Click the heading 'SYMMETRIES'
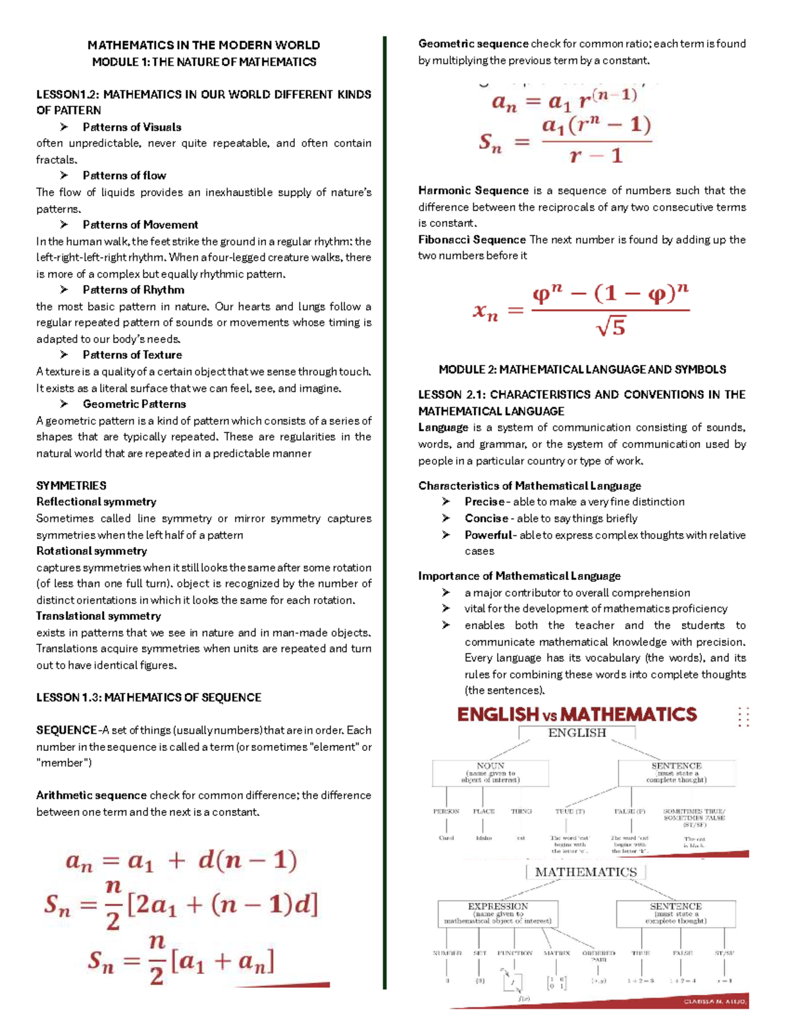tap(71, 486)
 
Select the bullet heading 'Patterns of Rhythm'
tap(133, 290)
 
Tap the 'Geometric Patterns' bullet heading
tap(134, 404)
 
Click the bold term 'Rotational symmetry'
tap(92, 551)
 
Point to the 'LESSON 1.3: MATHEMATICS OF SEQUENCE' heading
tap(149, 698)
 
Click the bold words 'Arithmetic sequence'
tap(92, 796)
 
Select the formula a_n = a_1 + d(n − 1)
tap(182, 861)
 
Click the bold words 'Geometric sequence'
tap(473, 44)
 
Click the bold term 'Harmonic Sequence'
tap(473, 191)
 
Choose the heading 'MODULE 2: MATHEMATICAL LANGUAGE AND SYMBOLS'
tap(582, 370)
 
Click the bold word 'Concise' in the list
tap(486, 519)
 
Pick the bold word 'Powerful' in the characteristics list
tap(488, 535)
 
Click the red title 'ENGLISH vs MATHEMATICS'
tap(577, 715)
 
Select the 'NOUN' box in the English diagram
tap(490, 773)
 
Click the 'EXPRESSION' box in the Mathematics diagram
tap(498, 913)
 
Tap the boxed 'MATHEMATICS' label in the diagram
tap(585, 873)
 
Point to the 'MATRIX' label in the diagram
tap(556, 953)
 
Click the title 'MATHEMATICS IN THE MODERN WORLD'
tap(203, 45)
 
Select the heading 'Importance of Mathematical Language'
tap(519, 576)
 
